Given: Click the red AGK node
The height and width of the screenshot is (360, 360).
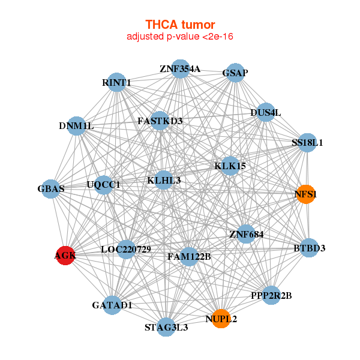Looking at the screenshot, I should [65, 256].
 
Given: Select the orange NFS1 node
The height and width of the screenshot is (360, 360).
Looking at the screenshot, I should [306, 194].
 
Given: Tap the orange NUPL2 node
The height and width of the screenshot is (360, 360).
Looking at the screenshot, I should [221, 319].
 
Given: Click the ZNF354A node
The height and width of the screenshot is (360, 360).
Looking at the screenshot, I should [180, 68].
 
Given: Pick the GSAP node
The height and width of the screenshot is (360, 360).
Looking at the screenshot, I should [235, 73].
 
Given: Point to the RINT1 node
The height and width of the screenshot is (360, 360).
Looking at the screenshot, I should [116, 82].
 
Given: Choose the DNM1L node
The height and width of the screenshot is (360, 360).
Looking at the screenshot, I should [76, 126].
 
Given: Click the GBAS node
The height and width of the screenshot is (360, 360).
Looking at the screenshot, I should [51, 189].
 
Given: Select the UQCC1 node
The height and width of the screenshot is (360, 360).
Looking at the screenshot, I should [103, 185].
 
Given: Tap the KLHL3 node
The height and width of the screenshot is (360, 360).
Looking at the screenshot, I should [164, 180].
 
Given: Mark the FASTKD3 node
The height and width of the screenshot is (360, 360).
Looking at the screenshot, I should [160, 121].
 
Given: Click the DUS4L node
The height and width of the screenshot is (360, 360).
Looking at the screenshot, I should [265, 112].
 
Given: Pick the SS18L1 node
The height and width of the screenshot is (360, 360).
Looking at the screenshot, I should [307, 143].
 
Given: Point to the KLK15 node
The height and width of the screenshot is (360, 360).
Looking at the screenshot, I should [230, 166].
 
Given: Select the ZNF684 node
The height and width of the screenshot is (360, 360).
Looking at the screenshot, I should [246, 233].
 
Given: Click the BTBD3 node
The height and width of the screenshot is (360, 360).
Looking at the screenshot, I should [309, 248].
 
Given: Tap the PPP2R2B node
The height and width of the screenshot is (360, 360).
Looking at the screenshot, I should [271, 295].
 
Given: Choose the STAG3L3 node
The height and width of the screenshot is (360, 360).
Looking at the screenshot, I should [166, 328].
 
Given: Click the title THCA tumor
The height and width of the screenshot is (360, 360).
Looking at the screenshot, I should [180, 25].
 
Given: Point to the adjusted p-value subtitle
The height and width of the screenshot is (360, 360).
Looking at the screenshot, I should [180, 37].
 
